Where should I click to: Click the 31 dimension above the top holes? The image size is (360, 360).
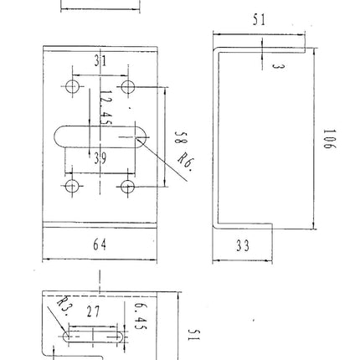pos(100,61)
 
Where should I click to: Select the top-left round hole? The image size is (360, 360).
pos(72,86)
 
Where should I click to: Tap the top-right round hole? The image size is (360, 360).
pos(128,86)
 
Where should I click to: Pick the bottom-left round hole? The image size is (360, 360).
pos(71,186)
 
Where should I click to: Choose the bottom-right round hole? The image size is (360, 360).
pos(128,187)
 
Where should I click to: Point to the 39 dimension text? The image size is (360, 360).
pos(100,159)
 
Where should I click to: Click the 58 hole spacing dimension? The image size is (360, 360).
pos(181,137)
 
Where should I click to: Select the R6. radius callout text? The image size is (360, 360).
pos(186,162)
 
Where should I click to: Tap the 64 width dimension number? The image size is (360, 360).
pos(100,244)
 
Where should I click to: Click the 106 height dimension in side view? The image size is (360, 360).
pos(330,139)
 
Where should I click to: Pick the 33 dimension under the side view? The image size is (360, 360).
pos(243,246)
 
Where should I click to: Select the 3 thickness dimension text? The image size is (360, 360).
pos(278,67)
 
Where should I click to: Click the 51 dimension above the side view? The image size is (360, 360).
pos(260,19)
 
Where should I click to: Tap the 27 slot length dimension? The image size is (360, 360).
pos(93,311)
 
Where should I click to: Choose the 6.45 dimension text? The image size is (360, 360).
pos(141,316)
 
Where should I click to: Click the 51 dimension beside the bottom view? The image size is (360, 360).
pos(194,335)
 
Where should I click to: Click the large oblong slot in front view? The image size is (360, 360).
pos(101,136)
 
